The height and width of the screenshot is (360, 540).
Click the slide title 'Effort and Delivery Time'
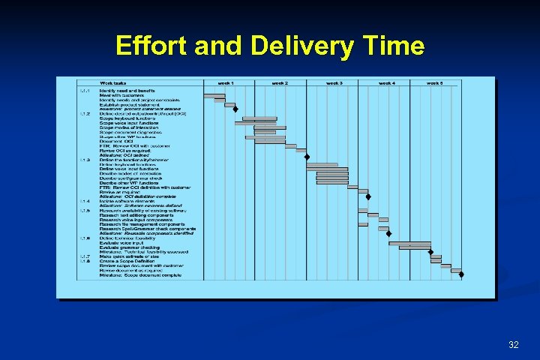(x=270, y=46)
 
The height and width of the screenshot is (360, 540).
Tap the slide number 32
(x=513, y=344)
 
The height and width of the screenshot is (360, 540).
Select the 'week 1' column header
(x=226, y=83)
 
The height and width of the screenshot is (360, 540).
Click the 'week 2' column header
(x=280, y=83)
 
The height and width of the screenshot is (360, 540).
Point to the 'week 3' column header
(x=334, y=83)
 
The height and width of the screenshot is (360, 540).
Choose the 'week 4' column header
(x=387, y=83)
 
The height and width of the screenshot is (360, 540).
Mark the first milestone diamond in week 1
(x=235, y=109)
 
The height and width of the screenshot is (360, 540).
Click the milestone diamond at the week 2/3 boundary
(x=307, y=156)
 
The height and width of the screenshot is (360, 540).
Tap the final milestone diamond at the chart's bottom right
(x=461, y=274)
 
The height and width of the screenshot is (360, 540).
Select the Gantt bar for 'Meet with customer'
(x=214, y=95)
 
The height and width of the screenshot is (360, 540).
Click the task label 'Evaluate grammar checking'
(x=130, y=247)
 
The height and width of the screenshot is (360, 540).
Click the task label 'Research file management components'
(x=139, y=223)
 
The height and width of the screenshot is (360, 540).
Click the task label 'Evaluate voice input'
(x=121, y=242)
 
